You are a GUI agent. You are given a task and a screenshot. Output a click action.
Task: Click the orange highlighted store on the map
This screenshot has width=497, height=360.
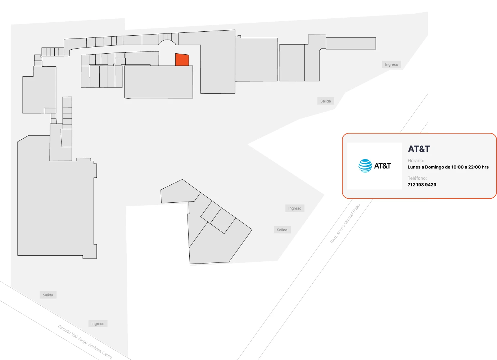pyautogui.click(x=182, y=60)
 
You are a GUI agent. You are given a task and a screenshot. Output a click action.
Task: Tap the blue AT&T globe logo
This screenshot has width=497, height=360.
pyautogui.click(x=365, y=166)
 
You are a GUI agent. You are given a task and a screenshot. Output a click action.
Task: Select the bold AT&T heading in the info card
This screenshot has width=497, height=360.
pyautogui.click(x=419, y=149)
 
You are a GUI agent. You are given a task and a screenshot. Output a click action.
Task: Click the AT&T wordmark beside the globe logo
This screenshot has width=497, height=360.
pyautogui.click(x=383, y=166)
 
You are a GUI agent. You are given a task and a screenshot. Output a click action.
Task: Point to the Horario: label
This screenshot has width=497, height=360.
pyautogui.click(x=416, y=161)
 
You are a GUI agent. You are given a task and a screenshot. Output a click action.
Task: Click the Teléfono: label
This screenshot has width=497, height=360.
pyautogui.click(x=417, y=178)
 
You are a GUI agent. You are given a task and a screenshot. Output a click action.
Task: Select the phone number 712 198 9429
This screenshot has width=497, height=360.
pyautogui.click(x=422, y=185)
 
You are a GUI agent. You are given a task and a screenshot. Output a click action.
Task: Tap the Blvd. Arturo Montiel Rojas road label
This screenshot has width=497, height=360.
pyautogui.click(x=345, y=223)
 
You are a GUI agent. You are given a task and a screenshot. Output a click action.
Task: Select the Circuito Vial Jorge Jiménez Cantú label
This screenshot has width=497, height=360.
pyautogui.click(x=85, y=342)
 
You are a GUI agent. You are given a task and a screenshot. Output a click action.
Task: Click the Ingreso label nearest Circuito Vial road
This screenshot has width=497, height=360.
pyautogui.click(x=98, y=324)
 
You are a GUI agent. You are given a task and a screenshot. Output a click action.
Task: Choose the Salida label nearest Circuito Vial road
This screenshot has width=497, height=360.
pyautogui.click(x=48, y=295)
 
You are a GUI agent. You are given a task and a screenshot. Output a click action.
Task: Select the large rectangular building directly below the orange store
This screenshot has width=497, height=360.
pyautogui.click(x=158, y=82)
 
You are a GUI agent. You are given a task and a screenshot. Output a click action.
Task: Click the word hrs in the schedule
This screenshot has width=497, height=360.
pyautogui.click(x=485, y=167)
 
